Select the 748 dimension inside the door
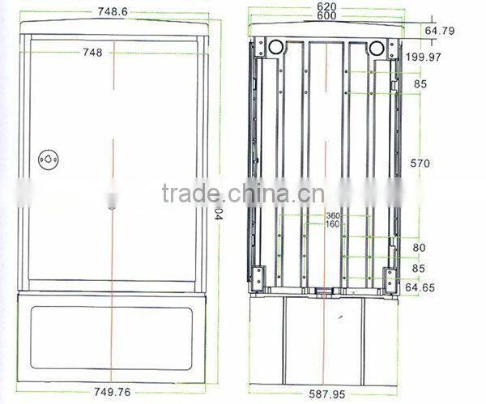tap(92, 53)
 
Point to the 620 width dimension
tap(327, 6)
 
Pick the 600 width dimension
tap(327, 16)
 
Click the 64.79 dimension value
tap(440, 31)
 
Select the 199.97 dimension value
tap(424, 57)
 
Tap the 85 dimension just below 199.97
tap(420, 83)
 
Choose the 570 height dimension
tap(420, 163)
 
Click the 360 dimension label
tap(332, 215)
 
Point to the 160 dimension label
tap(332, 224)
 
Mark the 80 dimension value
tap(420, 248)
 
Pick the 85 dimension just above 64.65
tap(420, 268)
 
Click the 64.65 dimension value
tap(420, 287)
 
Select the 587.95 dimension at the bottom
tap(327, 394)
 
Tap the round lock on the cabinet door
tap(49, 159)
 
